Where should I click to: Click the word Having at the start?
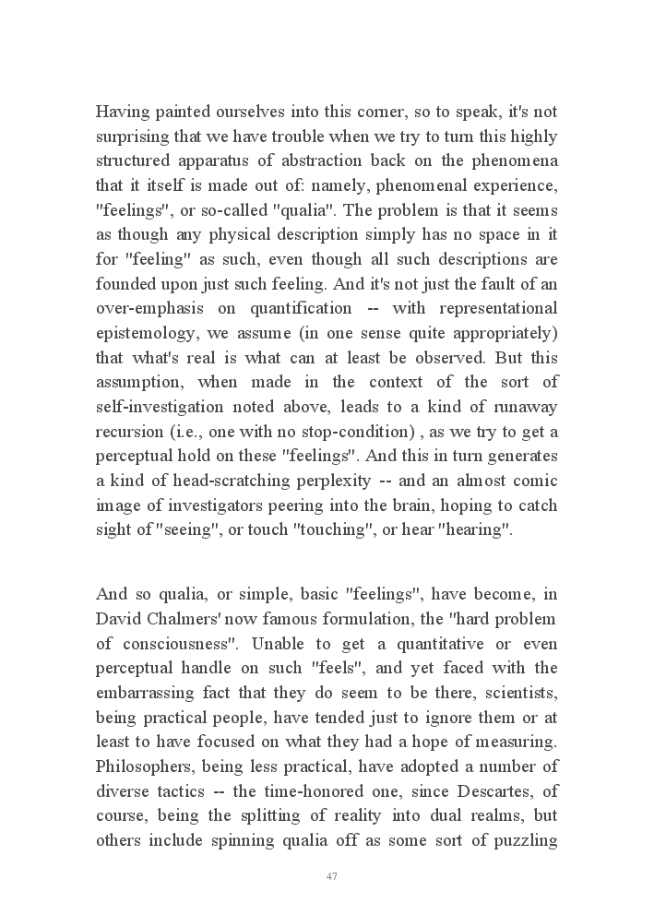click(x=123, y=113)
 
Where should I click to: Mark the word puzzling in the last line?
click(x=523, y=840)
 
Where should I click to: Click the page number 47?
click(x=332, y=876)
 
